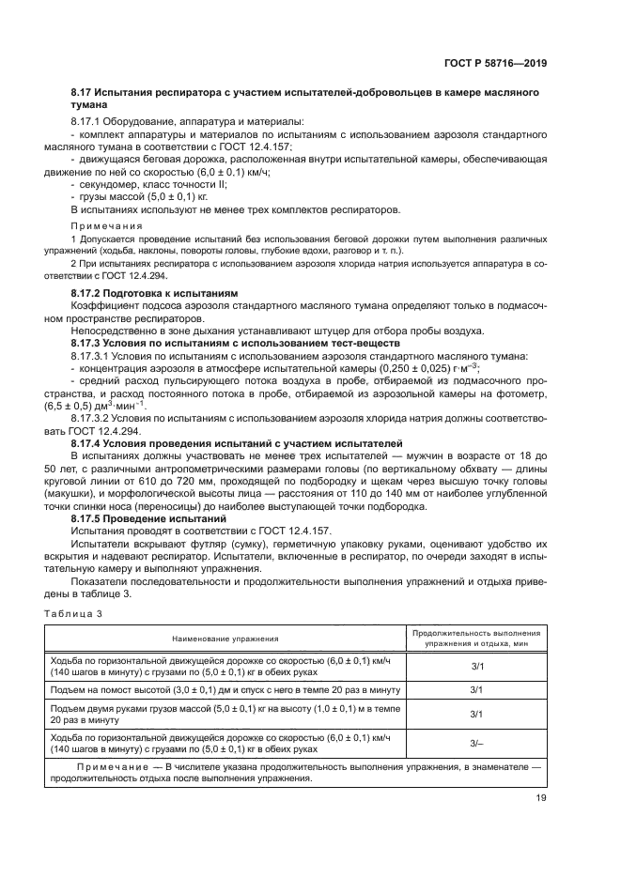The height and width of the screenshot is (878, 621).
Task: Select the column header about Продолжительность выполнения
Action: [476, 632]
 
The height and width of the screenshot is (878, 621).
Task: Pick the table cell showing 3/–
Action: [476, 744]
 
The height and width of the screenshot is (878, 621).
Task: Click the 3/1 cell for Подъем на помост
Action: [476, 690]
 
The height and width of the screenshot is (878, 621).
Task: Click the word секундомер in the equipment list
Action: [110, 185]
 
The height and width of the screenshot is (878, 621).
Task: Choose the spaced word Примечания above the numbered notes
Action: [106, 226]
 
